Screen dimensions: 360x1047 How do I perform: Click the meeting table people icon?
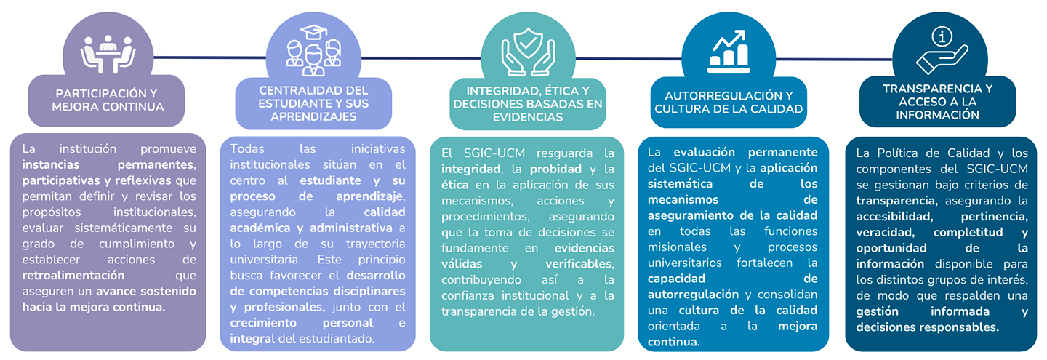[x=107, y=54]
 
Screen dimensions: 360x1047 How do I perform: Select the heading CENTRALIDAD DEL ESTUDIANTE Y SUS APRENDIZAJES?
[x=313, y=103]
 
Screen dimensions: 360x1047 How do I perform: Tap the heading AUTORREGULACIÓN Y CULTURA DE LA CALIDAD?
[x=729, y=102]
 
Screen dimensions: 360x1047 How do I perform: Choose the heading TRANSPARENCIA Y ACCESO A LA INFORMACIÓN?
[x=937, y=101]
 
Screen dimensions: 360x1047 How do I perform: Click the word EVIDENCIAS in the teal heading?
[x=527, y=116]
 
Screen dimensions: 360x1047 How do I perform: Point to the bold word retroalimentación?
[x=73, y=276]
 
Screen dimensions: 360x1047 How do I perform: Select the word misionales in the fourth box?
[x=675, y=247]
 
